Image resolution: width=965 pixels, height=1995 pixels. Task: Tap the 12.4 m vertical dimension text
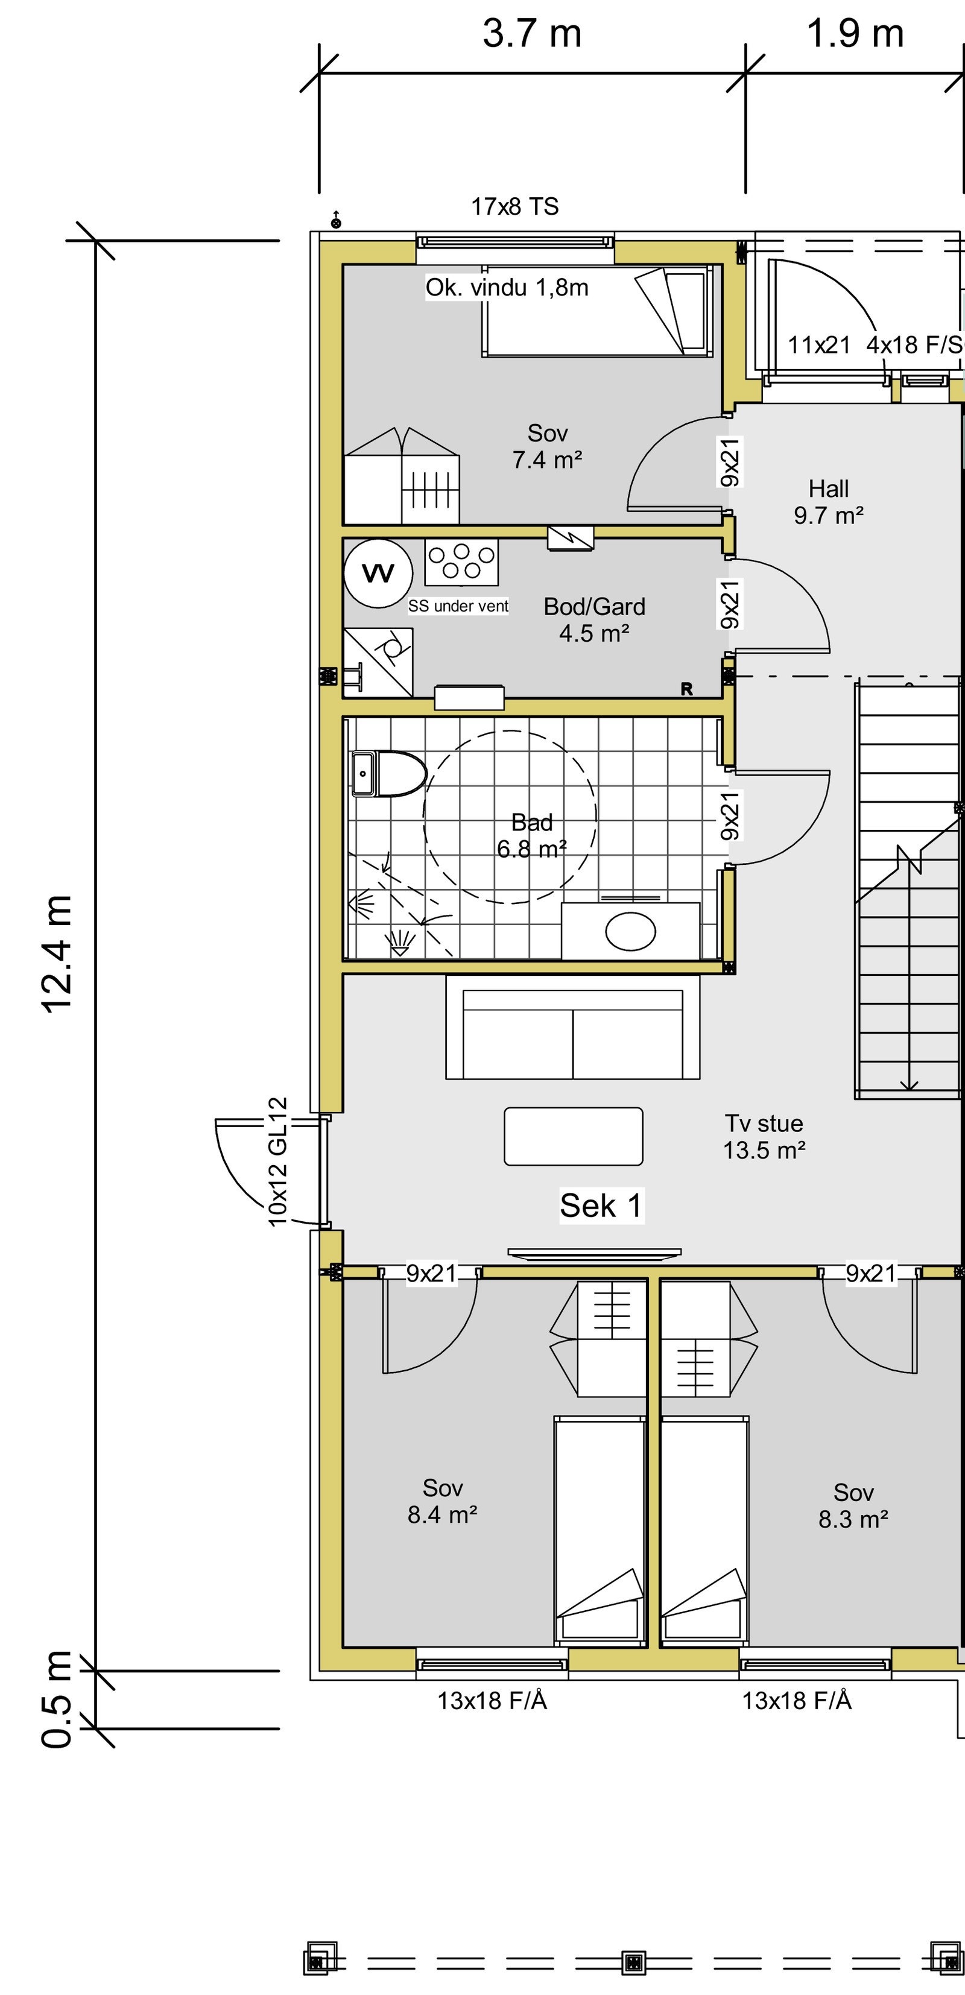coord(57,953)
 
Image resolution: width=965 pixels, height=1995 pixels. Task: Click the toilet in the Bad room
coord(389,773)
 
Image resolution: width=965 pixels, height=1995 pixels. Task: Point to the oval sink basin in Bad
coord(630,931)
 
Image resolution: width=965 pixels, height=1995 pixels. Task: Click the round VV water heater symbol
coord(378,574)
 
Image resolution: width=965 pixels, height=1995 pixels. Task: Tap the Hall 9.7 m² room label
coord(828,502)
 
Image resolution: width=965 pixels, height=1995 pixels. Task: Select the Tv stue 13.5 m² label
coord(764,1136)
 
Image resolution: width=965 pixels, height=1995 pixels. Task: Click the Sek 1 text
coord(601,1206)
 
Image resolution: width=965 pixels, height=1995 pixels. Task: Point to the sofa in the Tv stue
coord(572,1028)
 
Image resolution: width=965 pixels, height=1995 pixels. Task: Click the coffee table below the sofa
coord(573,1136)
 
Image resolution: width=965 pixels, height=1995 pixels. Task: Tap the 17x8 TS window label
coord(514,207)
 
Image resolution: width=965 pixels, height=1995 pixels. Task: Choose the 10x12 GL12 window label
coord(278,1161)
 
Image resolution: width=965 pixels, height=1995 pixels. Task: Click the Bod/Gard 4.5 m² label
coord(594,619)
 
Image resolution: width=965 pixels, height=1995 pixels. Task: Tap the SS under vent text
coord(458,606)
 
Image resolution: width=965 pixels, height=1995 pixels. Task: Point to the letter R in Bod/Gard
coord(686,689)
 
